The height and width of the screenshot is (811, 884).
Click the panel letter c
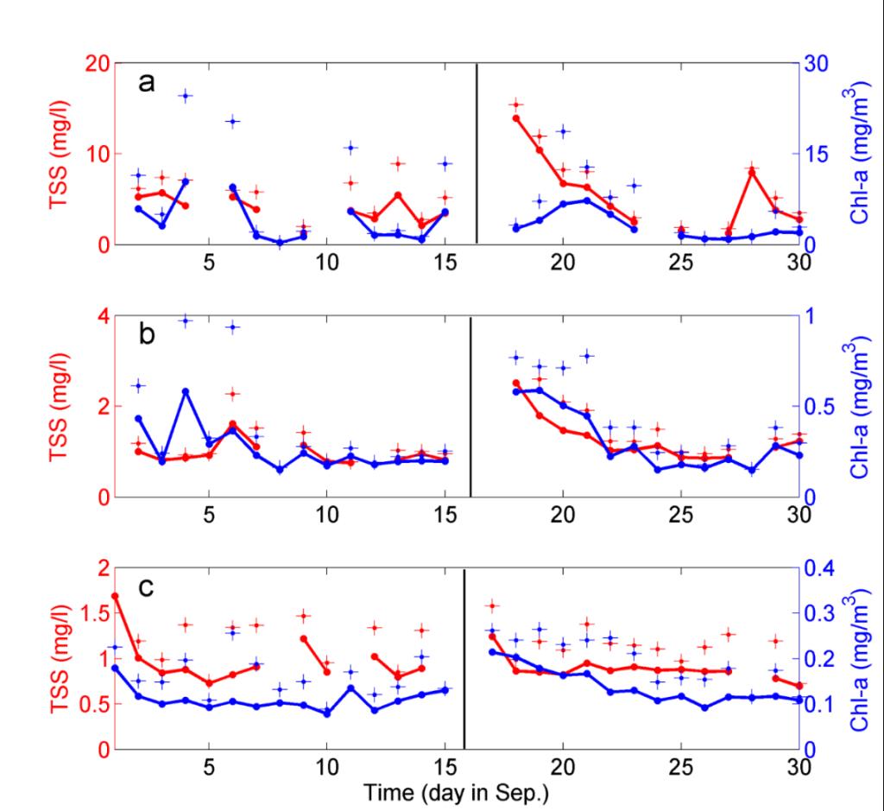[147, 587]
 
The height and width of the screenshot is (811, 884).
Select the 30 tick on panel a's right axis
[817, 63]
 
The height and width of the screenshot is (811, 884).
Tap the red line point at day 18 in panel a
[516, 118]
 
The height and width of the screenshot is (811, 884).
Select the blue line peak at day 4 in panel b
[185, 391]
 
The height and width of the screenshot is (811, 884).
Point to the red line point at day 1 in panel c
[115, 596]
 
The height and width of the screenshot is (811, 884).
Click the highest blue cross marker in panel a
[185, 96]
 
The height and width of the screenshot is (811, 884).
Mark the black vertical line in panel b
[470, 406]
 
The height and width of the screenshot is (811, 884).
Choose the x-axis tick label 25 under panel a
[681, 263]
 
